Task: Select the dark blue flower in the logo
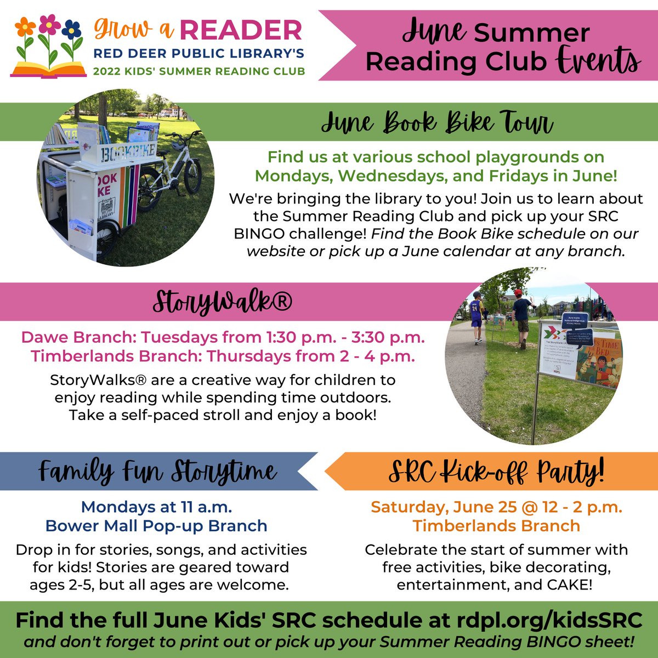click(71, 29)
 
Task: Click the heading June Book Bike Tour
click(436, 123)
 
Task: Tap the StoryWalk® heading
click(222, 302)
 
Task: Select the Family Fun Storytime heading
click(157, 472)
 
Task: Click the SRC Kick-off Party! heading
click(496, 472)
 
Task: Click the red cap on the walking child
click(517, 292)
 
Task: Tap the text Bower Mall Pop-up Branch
click(156, 525)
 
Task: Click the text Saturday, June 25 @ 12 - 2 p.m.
click(496, 507)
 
